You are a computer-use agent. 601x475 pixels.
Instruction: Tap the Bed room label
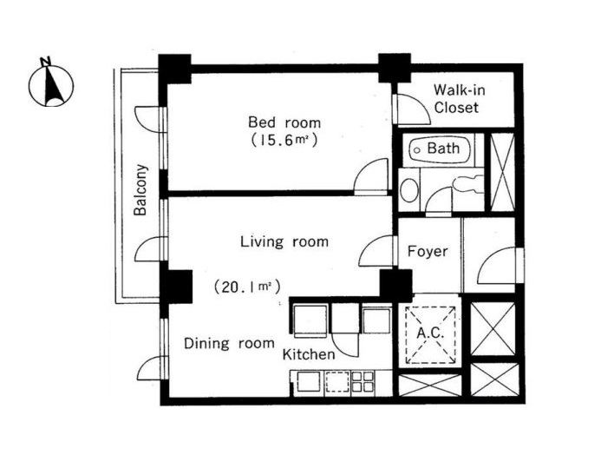pyautogui.click(x=284, y=122)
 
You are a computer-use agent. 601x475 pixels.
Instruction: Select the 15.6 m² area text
pyautogui.click(x=284, y=140)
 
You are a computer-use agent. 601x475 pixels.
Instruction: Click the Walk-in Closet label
pyautogui.click(x=459, y=99)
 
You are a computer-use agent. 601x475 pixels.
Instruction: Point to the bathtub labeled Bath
pyautogui.click(x=439, y=149)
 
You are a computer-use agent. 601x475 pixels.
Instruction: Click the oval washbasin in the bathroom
pyautogui.click(x=409, y=189)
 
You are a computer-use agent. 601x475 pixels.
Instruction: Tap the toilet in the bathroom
pyautogui.click(x=467, y=183)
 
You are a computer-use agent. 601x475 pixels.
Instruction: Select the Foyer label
pyautogui.click(x=427, y=251)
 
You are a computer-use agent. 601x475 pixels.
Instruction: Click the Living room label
pyautogui.click(x=284, y=241)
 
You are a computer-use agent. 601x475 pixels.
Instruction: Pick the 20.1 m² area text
pyautogui.click(x=247, y=287)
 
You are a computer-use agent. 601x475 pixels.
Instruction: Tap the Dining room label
pyautogui.click(x=229, y=343)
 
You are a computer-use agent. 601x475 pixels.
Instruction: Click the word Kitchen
pyautogui.click(x=309, y=354)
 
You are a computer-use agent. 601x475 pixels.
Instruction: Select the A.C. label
pyautogui.click(x=430, y=333)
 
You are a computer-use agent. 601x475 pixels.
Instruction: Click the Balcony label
pyautogui.click(x=140, y=190)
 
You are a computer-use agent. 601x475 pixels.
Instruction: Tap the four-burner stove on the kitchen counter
pyautogui.click(x=363, y=381)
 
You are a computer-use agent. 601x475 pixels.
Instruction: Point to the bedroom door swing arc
pyautogui.click(x=369, y=175)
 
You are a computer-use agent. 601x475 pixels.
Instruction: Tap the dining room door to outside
pyautogui.click(x=153, y=367)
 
